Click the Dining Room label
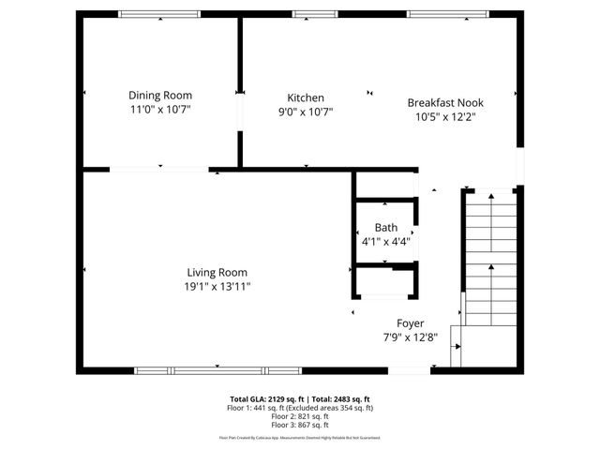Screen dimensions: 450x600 coord(160,95)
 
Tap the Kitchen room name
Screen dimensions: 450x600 coord(306,97)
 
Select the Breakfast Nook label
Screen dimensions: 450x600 coord(445,103)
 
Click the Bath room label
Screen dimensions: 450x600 coord(385,228)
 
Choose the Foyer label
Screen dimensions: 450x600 coord(410,323)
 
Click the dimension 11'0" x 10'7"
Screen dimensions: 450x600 coord(160,110)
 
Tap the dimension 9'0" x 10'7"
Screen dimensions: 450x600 coord(306,112)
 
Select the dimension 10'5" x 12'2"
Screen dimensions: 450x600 coord(445,117)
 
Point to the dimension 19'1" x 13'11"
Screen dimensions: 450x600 coord(217,287)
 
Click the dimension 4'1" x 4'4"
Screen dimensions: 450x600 coord(385,242)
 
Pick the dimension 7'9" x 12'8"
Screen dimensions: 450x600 coord(410,337)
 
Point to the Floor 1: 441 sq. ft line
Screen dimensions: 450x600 coord(300,408)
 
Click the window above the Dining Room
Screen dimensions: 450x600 coord(159,14)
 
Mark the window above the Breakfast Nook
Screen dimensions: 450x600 coord(441,14)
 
